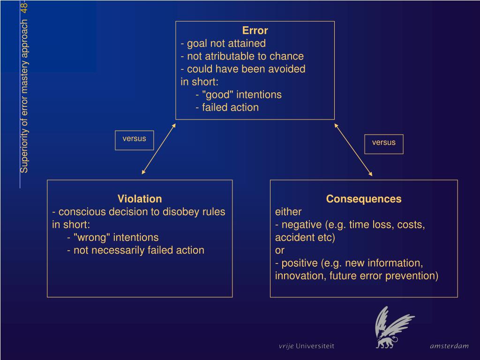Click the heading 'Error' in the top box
tap(255, 31)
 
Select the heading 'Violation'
tap(140, 199)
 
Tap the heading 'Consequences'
tap(364, 199)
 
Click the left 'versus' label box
tap(135, 139)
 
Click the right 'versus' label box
tap(384, 143)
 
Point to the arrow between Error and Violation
tap(158, 149)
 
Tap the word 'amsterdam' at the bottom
tap(449, 346)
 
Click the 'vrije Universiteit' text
tap(307, 346)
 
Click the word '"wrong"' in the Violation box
tap(93, 237)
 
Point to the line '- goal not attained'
tap(223, 44)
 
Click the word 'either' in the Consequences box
tap(288, 211)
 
